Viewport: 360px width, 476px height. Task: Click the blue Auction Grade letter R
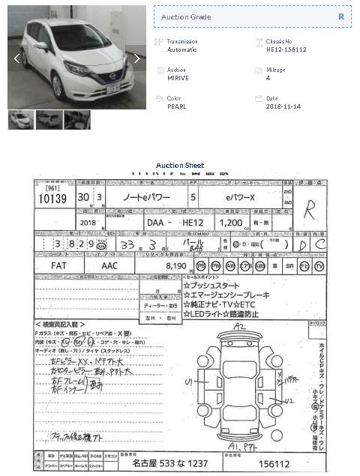tap(340, 16)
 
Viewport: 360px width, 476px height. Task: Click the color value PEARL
tap(176, 106)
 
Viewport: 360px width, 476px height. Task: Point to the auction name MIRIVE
tap(178, 78)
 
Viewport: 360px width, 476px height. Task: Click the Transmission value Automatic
tap(181, 49)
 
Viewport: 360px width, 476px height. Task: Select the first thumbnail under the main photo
tap(21, 120)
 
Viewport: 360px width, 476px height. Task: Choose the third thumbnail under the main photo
tap(76, 120)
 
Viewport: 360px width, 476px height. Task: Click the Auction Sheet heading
tap(180, 165)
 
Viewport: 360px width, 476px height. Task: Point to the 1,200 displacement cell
tap(231, 223)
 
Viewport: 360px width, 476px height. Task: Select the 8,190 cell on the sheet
tap(174, 265)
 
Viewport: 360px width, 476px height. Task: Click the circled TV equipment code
tap(319, 266)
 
